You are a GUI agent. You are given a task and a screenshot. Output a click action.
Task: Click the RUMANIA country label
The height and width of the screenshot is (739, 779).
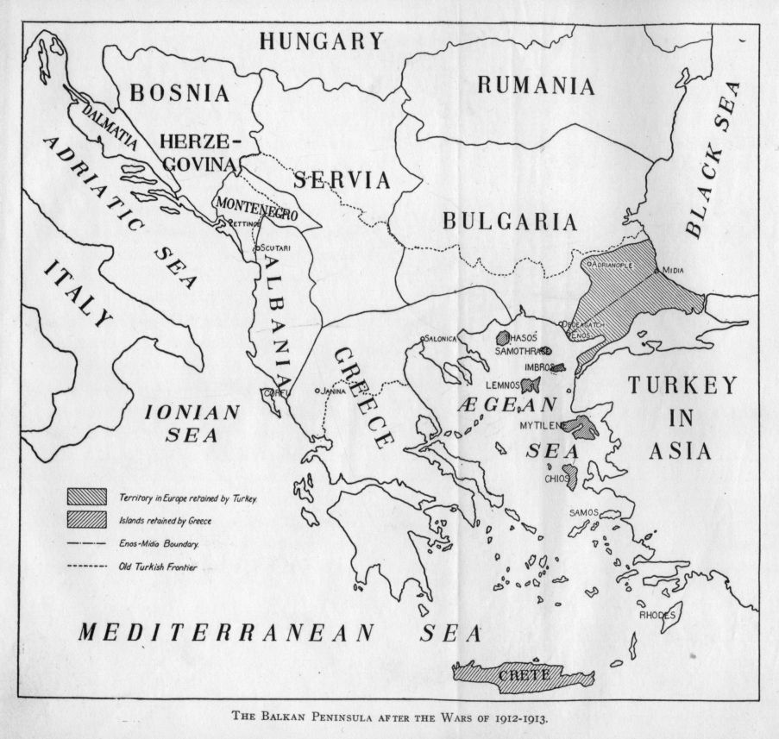[x=536, y=86]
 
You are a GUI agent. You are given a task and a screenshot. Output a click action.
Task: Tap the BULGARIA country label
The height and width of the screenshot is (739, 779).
[x=510, y=222]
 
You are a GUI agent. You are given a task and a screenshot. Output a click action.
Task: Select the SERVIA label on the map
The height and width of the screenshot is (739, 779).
[x=342, y=180]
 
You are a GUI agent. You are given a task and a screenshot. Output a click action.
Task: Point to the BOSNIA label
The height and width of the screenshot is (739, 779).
[x=180, y=93]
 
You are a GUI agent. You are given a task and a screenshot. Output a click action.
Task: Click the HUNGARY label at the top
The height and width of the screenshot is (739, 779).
[x=322, y=41]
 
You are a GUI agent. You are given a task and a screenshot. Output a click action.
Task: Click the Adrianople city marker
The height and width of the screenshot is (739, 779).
[x=590, y=264]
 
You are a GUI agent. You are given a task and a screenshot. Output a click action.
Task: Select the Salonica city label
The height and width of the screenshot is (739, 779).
[x=440, y=339]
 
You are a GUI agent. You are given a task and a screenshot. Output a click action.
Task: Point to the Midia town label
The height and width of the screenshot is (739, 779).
[x=673, y=270]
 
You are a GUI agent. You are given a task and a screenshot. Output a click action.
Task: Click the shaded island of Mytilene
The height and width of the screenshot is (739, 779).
[x=587, y=427]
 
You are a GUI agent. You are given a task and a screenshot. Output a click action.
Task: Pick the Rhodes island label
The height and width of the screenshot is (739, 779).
[x=657, y=615]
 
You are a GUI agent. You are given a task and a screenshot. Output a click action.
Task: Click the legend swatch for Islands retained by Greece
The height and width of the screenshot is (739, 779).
[x=87, y=519]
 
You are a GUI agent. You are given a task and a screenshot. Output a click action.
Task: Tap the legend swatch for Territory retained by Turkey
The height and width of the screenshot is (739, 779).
[x=87, y=496]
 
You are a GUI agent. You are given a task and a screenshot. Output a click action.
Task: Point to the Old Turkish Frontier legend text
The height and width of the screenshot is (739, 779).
[x=158, y=567]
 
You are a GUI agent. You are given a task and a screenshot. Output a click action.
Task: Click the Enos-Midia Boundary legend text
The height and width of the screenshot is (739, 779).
[x=160, y=544]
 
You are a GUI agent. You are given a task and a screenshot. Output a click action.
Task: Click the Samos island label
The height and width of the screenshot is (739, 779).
[x=583, y=513]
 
